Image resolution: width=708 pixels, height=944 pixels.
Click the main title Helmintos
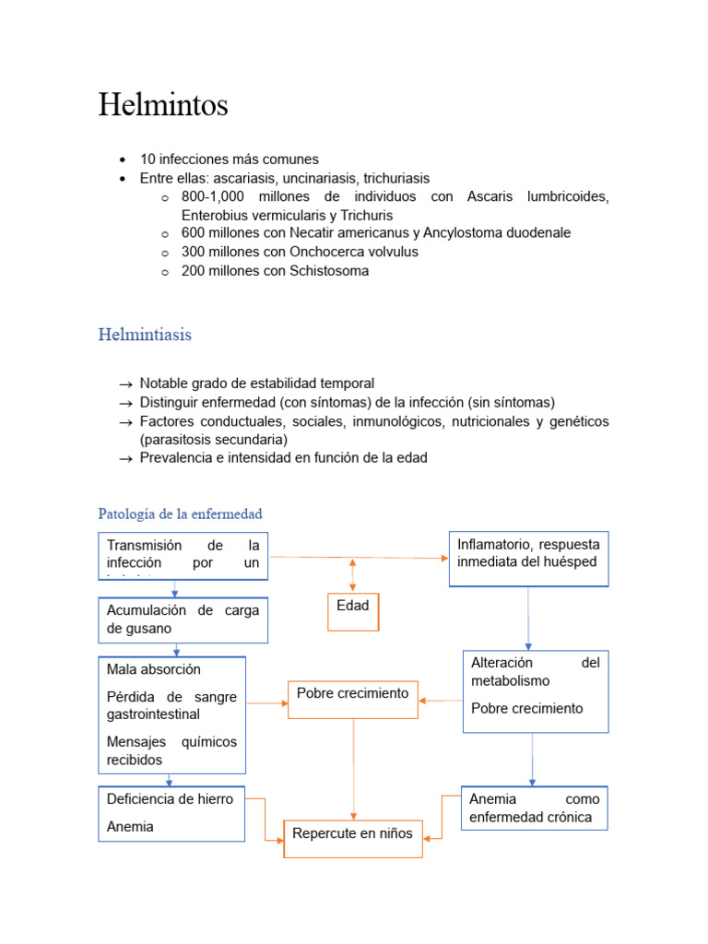click(163, 105)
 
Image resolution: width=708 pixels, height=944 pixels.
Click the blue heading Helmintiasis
click(145, 335)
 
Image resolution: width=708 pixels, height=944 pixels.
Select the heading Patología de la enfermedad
click(180, 513)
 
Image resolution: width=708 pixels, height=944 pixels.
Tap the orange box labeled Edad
click(352, 610)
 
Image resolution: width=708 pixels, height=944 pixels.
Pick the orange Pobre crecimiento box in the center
click(353, 698)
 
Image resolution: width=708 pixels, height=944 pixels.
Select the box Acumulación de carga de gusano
click(183, 619)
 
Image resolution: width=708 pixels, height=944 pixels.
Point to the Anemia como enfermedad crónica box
click(534, 808)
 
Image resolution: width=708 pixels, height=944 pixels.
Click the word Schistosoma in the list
click(329, 271)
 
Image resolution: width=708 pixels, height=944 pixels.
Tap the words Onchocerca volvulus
click(353, 252)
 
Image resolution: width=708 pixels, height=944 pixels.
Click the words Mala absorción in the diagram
click(153, 669)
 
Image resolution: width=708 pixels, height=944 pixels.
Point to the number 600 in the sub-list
click(194, 232)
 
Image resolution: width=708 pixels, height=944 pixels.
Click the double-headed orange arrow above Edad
click(352, 573)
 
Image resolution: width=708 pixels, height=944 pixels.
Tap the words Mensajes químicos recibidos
click(171, 750)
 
